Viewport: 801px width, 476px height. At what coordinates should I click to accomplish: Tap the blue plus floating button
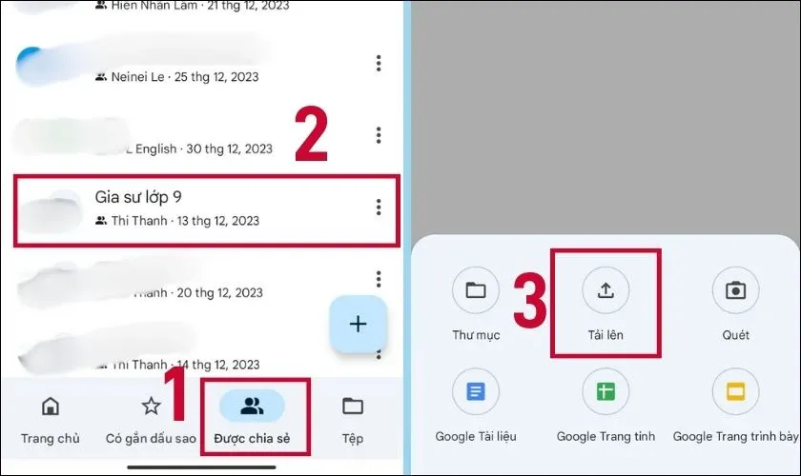point(358,324)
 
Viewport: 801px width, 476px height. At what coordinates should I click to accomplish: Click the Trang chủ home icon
point(51,407)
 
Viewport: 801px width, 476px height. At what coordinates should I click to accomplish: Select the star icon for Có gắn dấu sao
point(151,407)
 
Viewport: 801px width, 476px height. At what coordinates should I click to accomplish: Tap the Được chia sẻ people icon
point(252,407)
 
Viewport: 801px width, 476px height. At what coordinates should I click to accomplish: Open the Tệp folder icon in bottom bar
point(353,407)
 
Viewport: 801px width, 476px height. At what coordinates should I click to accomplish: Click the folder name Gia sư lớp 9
point(138,197)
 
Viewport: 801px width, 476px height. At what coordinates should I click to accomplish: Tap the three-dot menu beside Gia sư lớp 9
point(379,207)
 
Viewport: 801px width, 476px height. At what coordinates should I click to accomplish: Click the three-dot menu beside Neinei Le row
point(379,63)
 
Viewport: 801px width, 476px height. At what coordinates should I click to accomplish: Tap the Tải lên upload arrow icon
point(606,291)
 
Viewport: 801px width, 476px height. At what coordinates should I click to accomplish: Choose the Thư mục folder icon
point(476,291)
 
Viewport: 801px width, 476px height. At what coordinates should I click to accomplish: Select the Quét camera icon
point(735,291)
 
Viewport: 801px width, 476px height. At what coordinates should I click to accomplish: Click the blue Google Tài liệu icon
point(476,391)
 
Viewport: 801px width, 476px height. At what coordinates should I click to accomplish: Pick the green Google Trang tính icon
point(606,391)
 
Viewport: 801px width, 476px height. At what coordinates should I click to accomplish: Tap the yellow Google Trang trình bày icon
point(735,391)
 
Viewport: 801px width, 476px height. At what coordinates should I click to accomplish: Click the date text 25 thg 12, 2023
point(218,76)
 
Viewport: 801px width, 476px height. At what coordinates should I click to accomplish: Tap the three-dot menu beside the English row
point(379,134)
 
